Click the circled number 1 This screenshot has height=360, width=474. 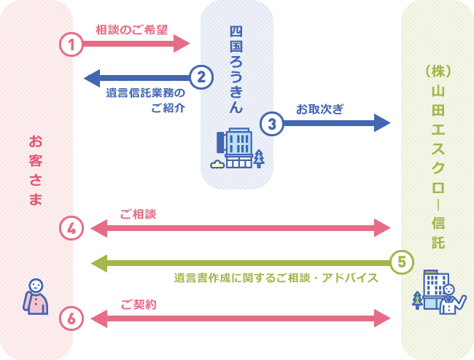tap(71, 44)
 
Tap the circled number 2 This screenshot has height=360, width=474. tap(201, 76)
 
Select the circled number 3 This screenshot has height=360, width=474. tap(271, 123)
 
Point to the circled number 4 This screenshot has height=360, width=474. tap(71, 228)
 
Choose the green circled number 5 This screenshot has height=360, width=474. tap(402, 261)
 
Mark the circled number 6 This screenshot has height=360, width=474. tap(71, 318)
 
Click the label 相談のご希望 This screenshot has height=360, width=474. tap(131, 30)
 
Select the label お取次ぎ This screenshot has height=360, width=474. tap(320, 108)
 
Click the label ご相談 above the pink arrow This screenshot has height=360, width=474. tap(139, 214)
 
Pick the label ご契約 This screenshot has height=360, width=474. tap(139, 304)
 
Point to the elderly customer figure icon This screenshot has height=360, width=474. tap(36, 297)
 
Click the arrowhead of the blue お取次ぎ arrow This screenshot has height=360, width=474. tap(382, 122)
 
